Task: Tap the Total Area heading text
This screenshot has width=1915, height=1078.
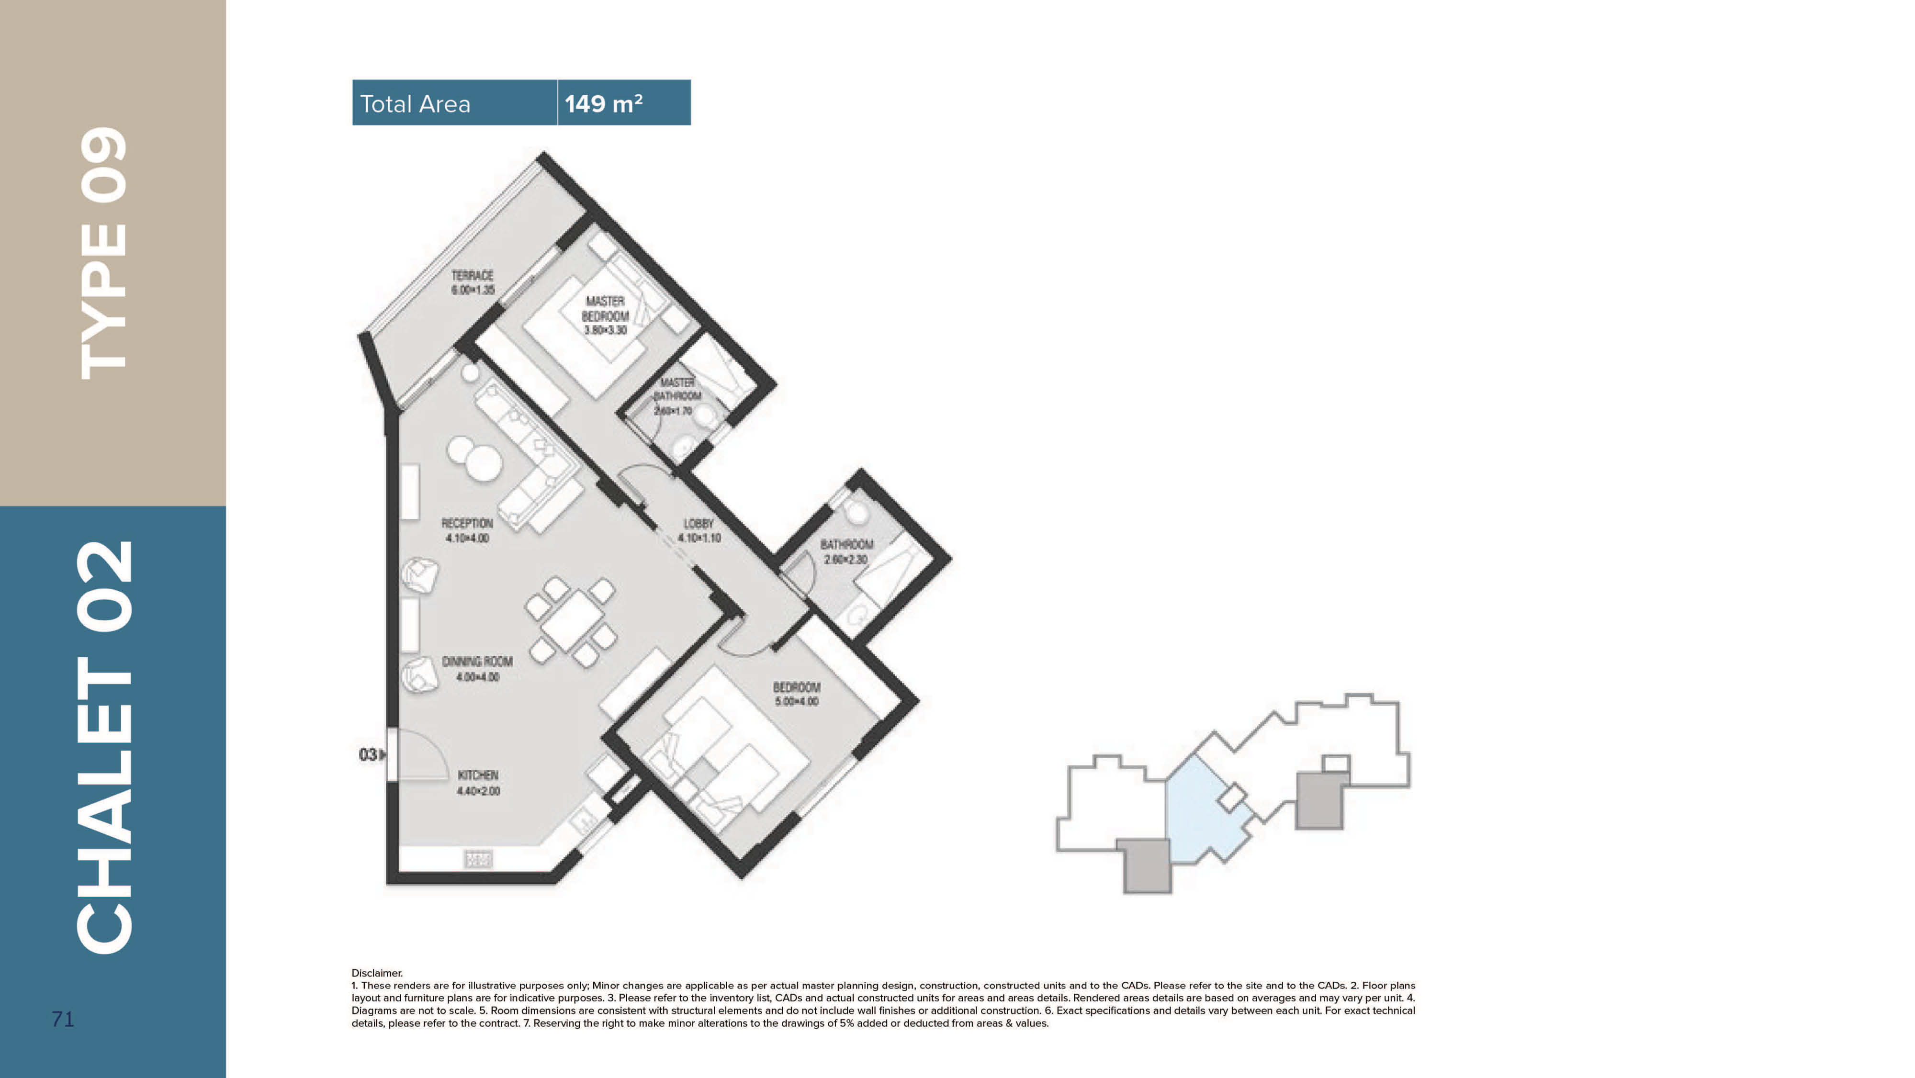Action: click(x=415, y=104)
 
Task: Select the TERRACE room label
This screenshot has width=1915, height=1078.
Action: click(x=472, y=282)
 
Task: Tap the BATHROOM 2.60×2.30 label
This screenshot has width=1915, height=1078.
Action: click(x=846, y=551)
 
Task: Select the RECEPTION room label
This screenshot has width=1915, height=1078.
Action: click(x=467, y=530)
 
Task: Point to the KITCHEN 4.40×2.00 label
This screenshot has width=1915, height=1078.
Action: click(x=478, y=782)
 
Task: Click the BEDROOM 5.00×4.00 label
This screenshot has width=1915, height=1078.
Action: click(x=796, y=694)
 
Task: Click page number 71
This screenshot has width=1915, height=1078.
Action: click(x=63, y=1019)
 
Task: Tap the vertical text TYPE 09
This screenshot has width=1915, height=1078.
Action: click(x=104, y=253)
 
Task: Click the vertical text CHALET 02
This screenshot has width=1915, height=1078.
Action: click(x=104, y=747)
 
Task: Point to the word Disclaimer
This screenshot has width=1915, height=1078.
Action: click(x=377, y=972)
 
